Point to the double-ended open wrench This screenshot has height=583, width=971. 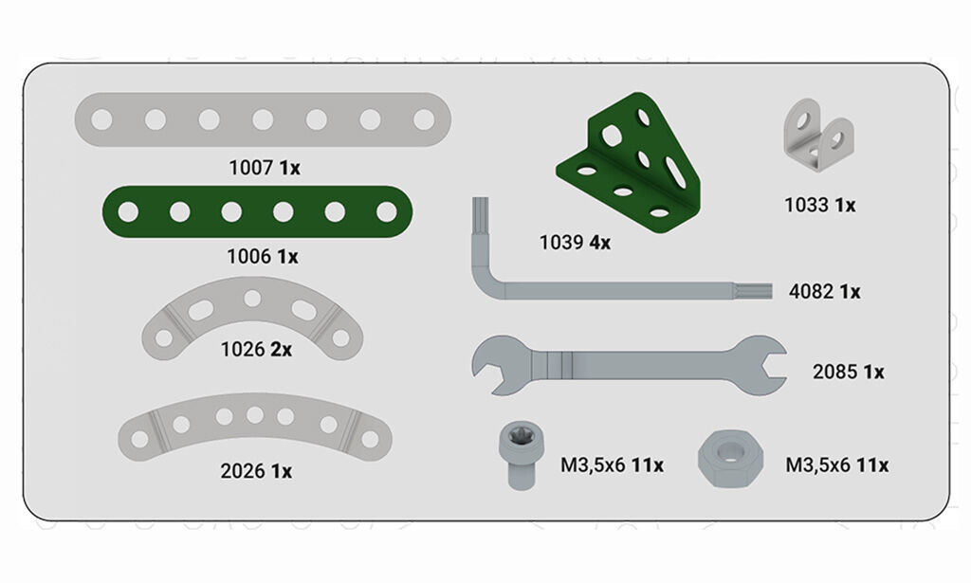(629, 365)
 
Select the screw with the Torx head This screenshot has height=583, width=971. (522, 456)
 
